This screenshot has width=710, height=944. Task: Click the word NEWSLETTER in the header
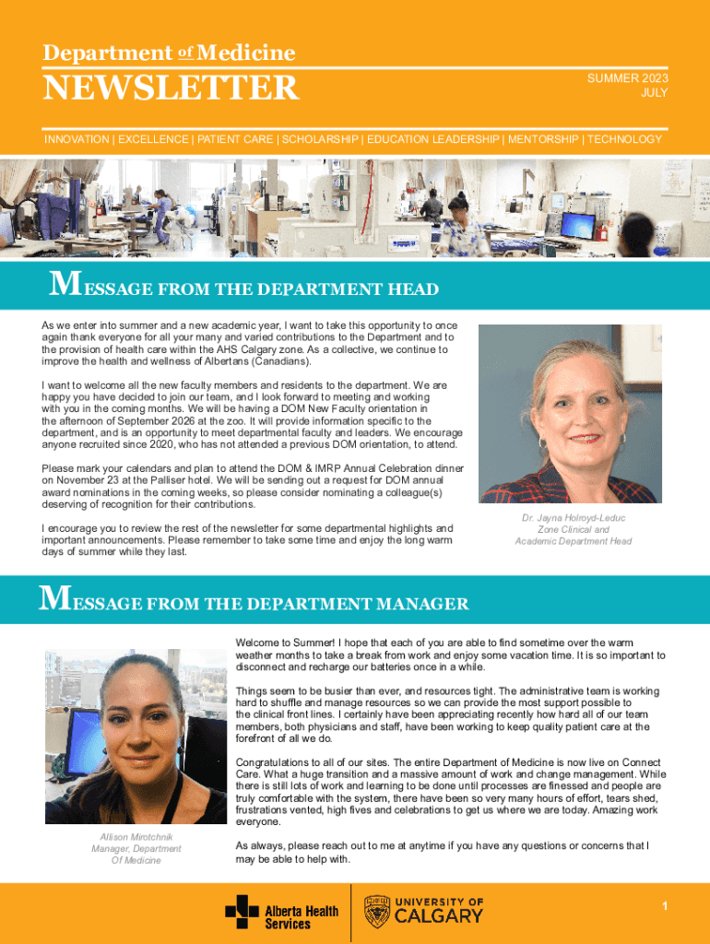(172, 88)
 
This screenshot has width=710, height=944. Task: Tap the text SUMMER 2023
(628, 79)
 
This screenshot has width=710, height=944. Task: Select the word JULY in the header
(655, 93)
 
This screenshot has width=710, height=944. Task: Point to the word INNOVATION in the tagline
(77, 139)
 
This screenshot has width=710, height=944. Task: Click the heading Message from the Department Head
(243, 289)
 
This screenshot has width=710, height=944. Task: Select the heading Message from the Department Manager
(254, 604)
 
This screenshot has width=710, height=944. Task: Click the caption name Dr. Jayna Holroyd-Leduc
(574, 518)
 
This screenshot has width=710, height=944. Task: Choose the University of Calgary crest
(377, 912)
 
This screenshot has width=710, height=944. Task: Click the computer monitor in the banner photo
(578, 223)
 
